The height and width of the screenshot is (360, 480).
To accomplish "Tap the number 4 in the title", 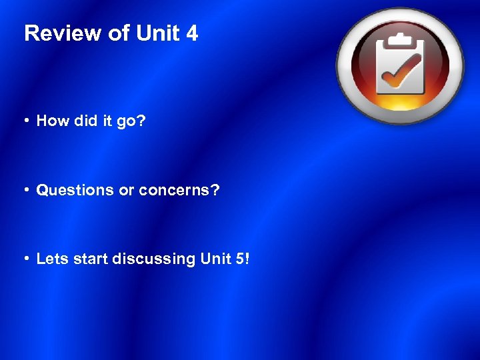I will [x=192, y=33].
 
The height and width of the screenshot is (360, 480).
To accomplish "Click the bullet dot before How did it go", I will [x=26, y=121].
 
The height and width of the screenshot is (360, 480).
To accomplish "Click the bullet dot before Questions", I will [x=26, y=190].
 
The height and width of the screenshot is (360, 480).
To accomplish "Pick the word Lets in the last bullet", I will [x=51, y=259].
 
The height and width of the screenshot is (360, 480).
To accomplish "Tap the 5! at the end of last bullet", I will [x=242, y=259].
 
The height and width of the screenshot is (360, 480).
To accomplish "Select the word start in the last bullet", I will [x=88, y=259].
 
